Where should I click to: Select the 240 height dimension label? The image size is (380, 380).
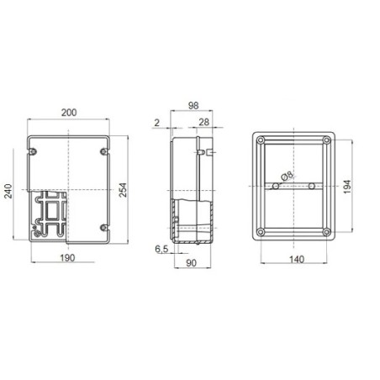(9, 194)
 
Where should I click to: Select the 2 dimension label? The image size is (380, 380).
(156, 124)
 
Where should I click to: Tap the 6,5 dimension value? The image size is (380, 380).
(162, 249)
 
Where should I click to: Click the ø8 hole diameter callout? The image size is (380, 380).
(287, 177)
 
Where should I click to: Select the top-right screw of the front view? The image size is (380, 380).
(102, 151)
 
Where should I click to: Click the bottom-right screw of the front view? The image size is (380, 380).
(102, 227)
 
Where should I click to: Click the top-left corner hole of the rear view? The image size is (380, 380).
(260, 139)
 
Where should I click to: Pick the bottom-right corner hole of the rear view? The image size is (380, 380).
(325, 232)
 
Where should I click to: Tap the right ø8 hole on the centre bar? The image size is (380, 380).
(310, 184)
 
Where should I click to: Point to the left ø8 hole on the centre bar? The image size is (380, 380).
(274, 184)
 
